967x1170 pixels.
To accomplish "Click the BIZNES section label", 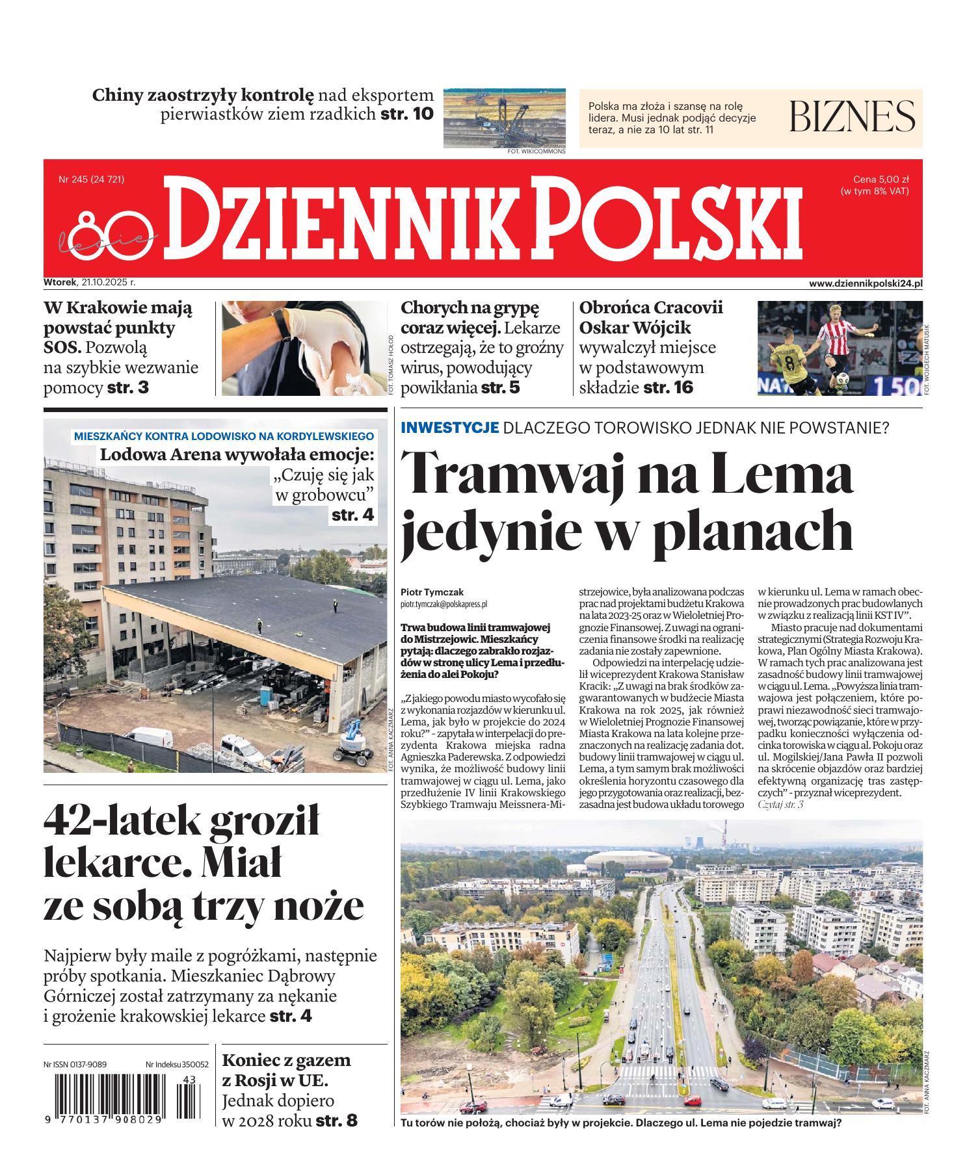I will (852, 116).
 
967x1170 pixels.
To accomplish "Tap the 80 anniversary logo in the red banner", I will (104, 231).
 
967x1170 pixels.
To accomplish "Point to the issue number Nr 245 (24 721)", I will (91, 179).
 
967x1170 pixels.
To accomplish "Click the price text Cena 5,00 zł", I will (881, 179).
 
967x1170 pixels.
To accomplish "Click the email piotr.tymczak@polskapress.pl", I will (444, 604).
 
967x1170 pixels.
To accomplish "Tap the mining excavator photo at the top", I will (504, 118).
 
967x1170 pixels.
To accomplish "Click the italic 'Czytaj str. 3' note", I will (780, 805).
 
